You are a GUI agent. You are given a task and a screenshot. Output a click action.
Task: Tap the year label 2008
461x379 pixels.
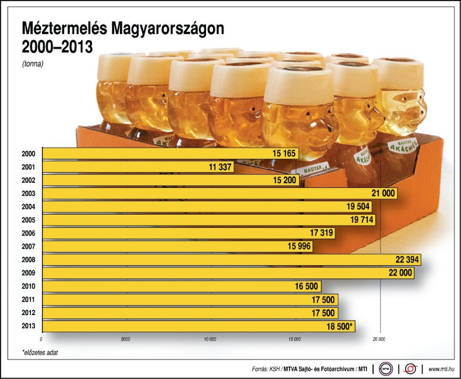click(x=29, y=260)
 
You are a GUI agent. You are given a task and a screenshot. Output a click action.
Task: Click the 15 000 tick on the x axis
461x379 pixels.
click(x=295, y=339)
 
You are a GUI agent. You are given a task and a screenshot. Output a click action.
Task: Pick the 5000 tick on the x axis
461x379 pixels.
click(x=126, y=339)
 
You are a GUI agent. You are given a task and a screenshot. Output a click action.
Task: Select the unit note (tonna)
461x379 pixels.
click(x=33, y=65)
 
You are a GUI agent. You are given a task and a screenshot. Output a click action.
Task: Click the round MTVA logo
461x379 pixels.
click(x=387, y=368)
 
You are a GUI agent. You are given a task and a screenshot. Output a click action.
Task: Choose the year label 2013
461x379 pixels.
click(x=29, y=326)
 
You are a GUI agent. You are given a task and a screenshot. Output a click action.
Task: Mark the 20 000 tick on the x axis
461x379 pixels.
click(x=379, y=339)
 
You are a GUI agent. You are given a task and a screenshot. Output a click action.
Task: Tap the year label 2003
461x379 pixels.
click(x=29, y=194)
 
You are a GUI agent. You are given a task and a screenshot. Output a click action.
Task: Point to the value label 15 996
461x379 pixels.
click(x=299, y=247)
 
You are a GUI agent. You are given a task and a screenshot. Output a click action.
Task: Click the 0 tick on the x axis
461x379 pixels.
click(x=41, y=339)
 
